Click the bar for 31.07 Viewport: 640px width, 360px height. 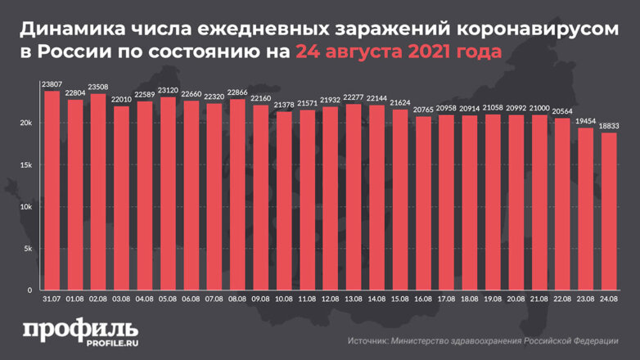pyautogui.click(x=52, y=190)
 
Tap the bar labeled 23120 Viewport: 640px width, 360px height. pyautogui.click(x=168, y=193)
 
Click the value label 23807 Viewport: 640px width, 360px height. pyautogui.click(x=52, y=84)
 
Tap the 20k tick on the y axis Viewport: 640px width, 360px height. pyautogui.click(x=26, y=123)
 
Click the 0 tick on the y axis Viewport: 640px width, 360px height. pyautogui.click(x=29, y=290)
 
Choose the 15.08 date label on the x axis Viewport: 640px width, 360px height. pyautogui.click(x=400, y=300)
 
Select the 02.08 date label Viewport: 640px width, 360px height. pyautogui.click(x=98, y=300)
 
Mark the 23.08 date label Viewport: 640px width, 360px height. pyautogui.click(x=586, y=300)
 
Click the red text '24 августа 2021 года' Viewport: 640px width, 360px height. pyautogui.click(x=398, y=53)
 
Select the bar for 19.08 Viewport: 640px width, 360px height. pyautogui.click(x=494, y=202)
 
